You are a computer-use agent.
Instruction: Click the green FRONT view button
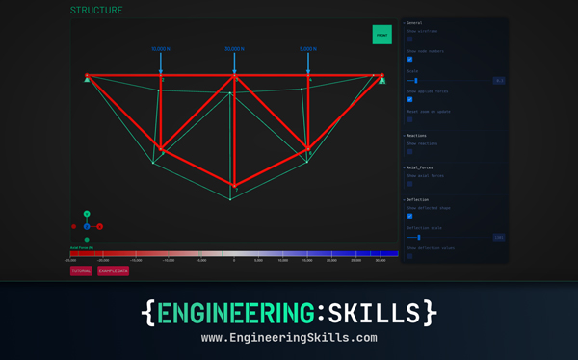click(x=382, y=35)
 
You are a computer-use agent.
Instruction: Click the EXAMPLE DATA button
click(x=113, y=271)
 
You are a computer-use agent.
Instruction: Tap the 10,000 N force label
click(x=161, y=49)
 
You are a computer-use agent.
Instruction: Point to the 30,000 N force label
click(x=234, y=49)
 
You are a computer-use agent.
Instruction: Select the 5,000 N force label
click(x=308, y=49)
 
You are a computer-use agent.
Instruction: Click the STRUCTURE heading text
click(x=96, y=11)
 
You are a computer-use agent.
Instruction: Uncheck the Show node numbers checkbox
click(x=409, y=60)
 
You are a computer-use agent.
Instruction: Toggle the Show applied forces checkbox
click(x=409, y=99)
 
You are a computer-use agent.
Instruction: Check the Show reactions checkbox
click(x=409, y=151)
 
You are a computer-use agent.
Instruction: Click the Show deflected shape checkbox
click(x=409, y=216)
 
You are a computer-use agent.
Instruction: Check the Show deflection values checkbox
click(x=409, y=256)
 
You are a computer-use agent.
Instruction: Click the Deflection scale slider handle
click(x=418, y=236)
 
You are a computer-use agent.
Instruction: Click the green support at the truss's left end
click(x=87, y=80)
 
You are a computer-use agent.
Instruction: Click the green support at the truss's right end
click(x=381, y=80)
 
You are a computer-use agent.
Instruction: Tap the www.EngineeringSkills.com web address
click(x=289, y=339)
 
